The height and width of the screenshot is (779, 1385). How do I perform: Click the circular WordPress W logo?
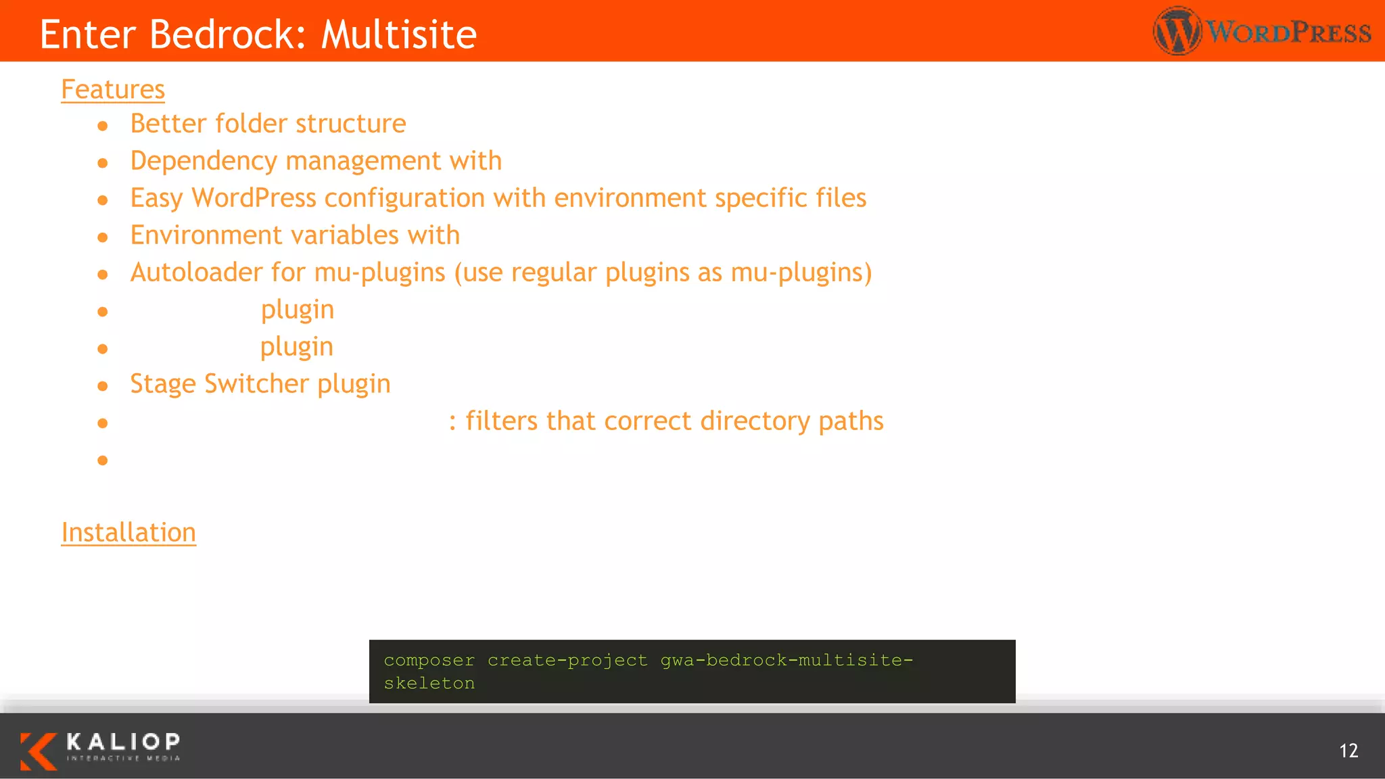coord(1177,31)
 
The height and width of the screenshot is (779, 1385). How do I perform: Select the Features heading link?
coord(113,89)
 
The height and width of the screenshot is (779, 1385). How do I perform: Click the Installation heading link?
coord(128,532)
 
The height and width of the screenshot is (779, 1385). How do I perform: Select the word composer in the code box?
coord(429,660)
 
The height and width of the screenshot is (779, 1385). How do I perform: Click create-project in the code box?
coord(567,660)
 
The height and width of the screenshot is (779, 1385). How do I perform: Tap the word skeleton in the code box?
coord(429,684)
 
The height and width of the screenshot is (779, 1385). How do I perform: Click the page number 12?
coord(1348,751)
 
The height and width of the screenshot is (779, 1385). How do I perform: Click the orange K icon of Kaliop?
coord(38,751)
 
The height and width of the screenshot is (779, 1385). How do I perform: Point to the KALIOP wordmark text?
coord(123,742)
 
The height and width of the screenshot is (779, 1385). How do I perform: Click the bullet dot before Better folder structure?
coord(103,126)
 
